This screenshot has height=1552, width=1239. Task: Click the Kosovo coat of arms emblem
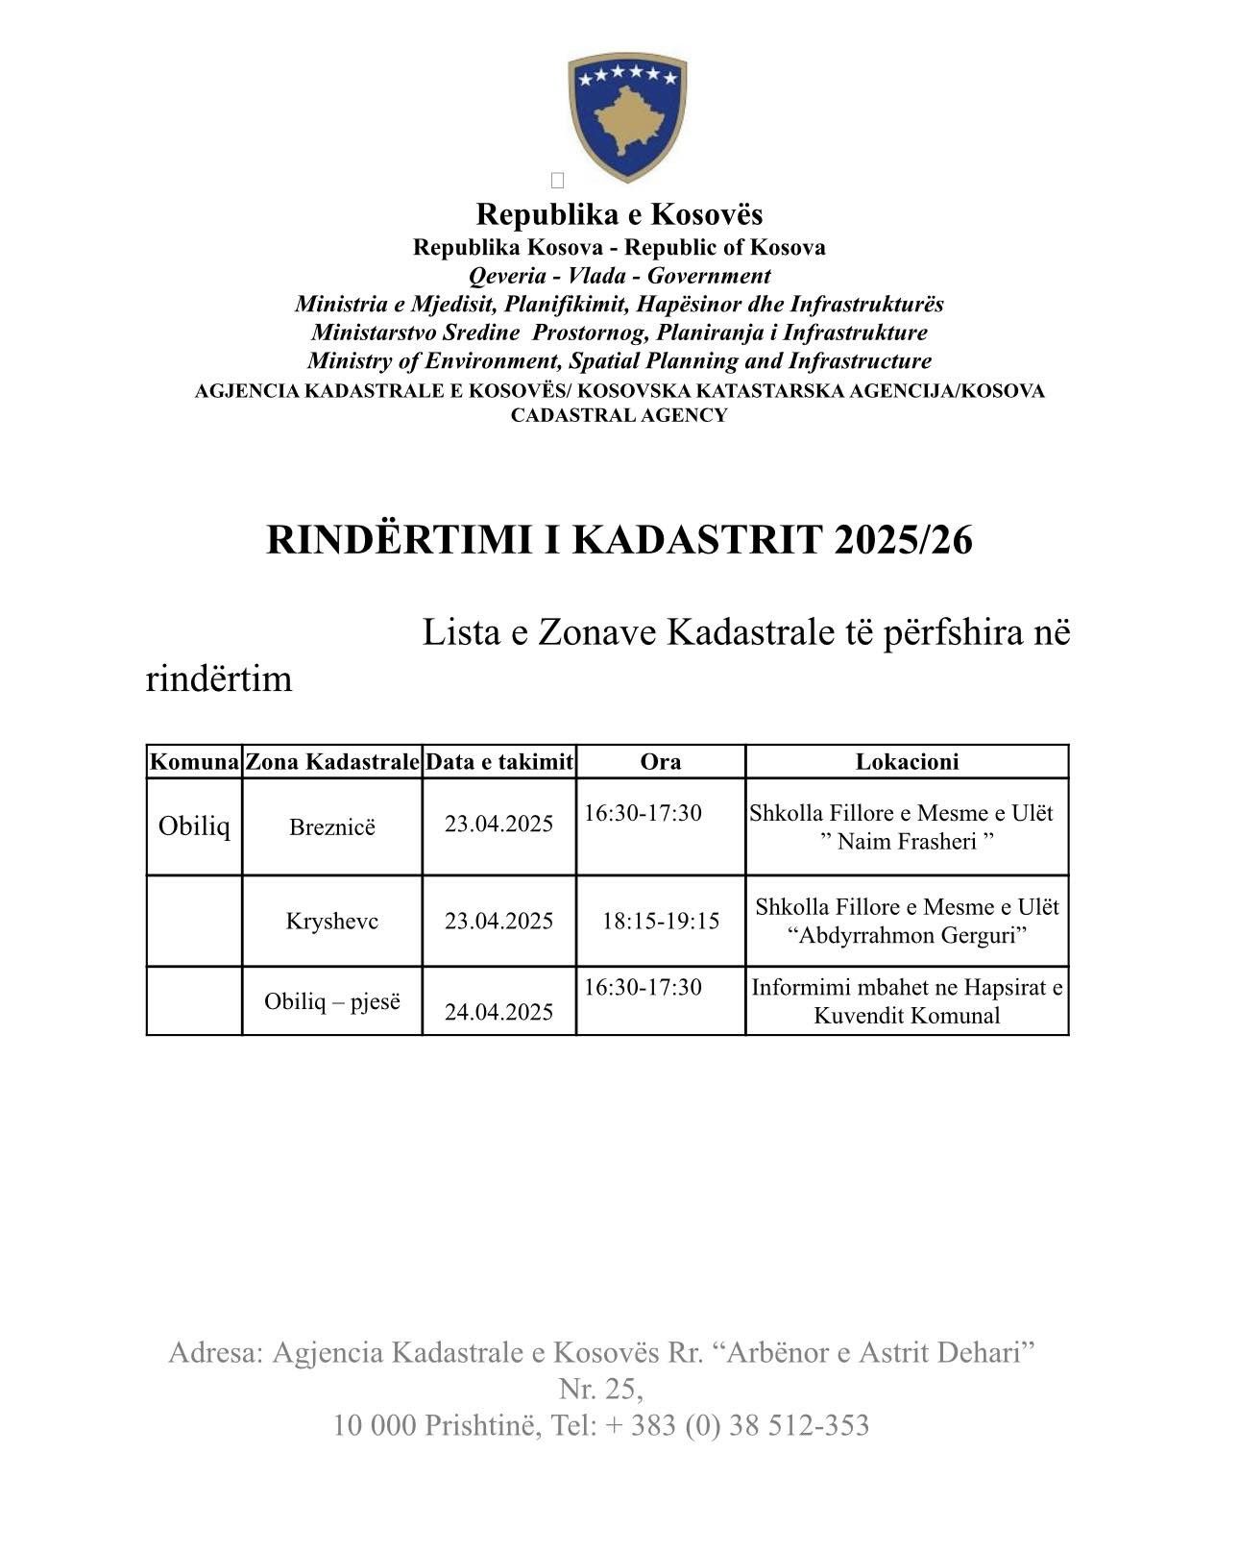(627, 117)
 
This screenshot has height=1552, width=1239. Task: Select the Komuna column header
(194, 762)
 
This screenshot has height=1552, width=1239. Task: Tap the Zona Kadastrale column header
(332, 762)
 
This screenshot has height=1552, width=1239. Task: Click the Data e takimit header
(499, 762)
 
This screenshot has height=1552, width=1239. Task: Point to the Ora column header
(661, 762)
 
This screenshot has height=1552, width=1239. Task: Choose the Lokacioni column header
(907, 762)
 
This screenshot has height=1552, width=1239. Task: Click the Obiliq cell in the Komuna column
(194, 825)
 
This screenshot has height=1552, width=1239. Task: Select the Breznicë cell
(332, 826)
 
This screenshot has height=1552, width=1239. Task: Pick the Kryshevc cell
(332, 921)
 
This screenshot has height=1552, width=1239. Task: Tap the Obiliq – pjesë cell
(332, 1001)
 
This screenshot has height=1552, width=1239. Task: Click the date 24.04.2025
(499, 1011)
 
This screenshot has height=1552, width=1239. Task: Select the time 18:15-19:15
(661, 921)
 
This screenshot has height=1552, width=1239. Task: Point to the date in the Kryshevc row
(499, 921)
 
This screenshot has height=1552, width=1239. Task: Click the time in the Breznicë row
(643, 813)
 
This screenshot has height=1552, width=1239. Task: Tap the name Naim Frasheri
(907, 842)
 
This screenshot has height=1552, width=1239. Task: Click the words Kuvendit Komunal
(907, 1016)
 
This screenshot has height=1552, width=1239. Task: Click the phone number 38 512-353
(799, 1425)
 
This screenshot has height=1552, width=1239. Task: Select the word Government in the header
(709, 276)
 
